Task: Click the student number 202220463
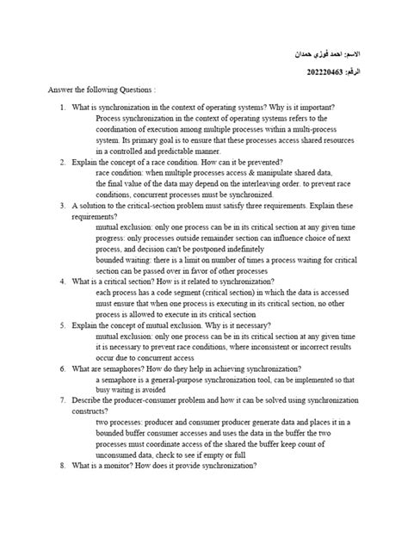tap(320, 72)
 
